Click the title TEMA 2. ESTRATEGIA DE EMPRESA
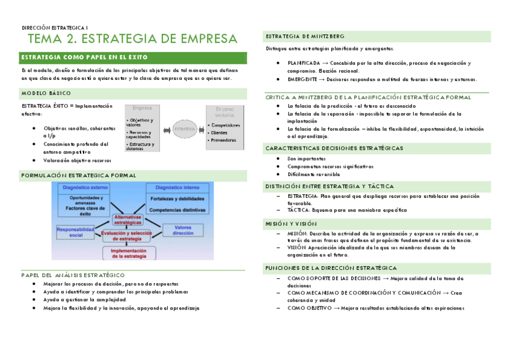point(132,39)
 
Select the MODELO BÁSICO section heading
point(46,93)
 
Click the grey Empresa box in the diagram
point(143,127)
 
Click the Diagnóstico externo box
point(84,199)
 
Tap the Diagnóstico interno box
point(177,199)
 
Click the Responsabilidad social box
point(76,232)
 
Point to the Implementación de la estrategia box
point(129,253)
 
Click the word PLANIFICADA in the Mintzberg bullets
point(303,63)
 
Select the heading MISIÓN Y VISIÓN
point(291,223)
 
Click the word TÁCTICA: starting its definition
point(298,210)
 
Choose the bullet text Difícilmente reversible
point(313,174)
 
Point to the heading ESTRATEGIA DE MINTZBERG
point(305,37)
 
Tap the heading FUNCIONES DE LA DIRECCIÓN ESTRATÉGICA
point(330,267)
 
